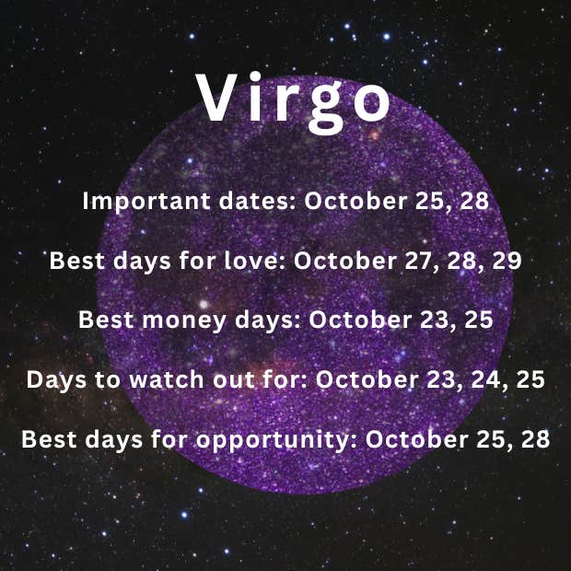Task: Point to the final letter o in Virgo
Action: tap(372, 103)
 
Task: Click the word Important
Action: tap(146, 202)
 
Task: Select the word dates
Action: tap(258, 201)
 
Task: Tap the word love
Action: tap(254, 261)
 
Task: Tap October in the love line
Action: tap(344, 261)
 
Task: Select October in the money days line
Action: tap(360, 320)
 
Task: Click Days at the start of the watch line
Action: tap(56, 380)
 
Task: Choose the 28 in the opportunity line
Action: tap(535, 439)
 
